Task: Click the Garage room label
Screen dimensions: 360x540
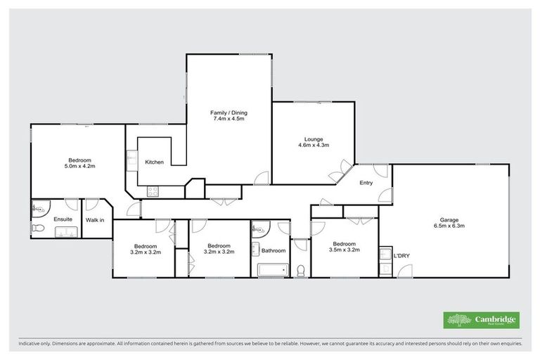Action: (x=449, y=220)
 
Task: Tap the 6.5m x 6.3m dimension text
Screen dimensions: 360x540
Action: (x=449, y=226)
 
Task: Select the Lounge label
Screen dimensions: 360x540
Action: (x=314, y=139)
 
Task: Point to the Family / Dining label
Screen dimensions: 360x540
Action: (x=229, y=112)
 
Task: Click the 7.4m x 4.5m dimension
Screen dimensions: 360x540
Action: (x=229, y=119)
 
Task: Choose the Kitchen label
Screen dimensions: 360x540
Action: (x=155, y=162)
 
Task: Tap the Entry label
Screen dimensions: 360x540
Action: (x=366, y=183)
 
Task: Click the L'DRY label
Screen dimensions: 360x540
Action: (x=401, y=255)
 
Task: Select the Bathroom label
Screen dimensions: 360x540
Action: (x=274, y=250)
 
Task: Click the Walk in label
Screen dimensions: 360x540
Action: (x=95, y=220)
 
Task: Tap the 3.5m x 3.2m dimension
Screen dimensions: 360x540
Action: (x=345, y=250)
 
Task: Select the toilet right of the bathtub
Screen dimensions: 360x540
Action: (x=300, y=269)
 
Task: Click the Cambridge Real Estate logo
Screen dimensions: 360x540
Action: (x=482, y=320)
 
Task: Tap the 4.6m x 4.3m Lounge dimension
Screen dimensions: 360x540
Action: (x=314, y=145)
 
